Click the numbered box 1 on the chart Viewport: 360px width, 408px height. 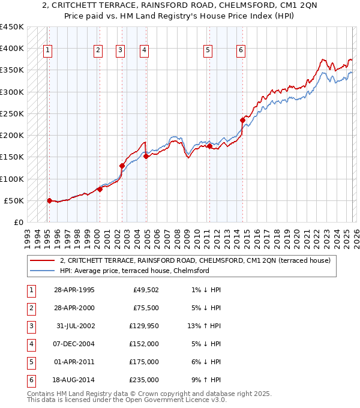point(47,51)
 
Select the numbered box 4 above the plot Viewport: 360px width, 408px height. point(145,51)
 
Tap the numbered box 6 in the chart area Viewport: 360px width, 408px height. point(241,51)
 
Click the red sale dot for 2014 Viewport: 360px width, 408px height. point(243,120)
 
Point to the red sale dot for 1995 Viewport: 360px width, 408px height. point(50,200)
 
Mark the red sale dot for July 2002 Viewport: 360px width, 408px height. point(122,166)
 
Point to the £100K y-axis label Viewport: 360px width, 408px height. point(12,179)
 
